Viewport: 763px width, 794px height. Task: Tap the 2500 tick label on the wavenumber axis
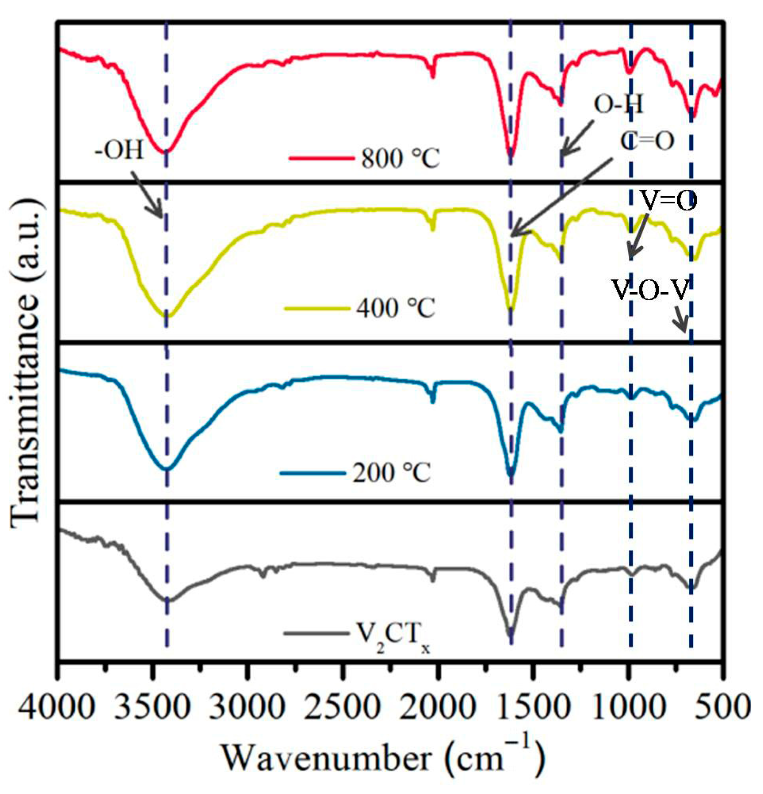[x=342, y=707]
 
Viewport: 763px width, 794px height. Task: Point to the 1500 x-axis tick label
[x=532, y=707]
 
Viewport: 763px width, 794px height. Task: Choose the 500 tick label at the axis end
[x=722, y=707]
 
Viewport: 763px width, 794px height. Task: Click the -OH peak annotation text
[x=119, y=151]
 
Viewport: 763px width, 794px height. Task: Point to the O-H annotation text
[x=618, y=104]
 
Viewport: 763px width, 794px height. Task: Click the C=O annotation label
[x=647, y=141]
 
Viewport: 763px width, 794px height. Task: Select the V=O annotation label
[x=668, y=200]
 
